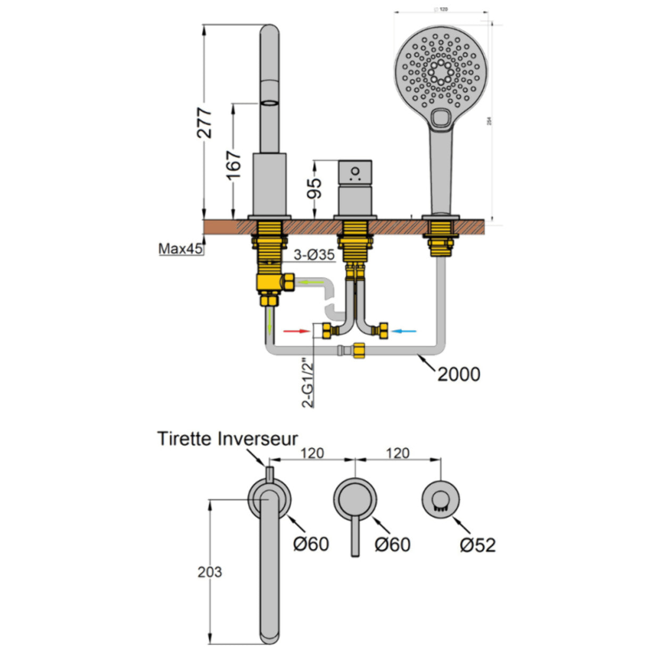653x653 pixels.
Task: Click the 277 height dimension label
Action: tap(205, 123)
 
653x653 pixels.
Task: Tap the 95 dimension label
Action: tap(315, 187)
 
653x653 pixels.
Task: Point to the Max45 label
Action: tap(180, 249)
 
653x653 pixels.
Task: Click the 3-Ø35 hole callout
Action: tap(315, 255)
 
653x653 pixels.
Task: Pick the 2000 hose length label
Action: tap(459, 374)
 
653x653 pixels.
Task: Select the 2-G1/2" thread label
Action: tap(308, 383)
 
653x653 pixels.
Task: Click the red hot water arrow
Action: tap(296, 331)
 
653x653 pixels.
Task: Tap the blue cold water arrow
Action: tap(404, 331)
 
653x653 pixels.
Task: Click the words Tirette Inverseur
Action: tap(227, 439)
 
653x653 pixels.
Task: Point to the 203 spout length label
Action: tap(210, 572)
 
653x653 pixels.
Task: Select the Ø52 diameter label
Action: tap(477, 545)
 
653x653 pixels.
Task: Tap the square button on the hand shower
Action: tap(441, 118)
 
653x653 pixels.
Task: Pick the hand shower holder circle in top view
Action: tap(441, 500)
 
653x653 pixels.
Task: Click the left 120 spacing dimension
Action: tap(312, 453)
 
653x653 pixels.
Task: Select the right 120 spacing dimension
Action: tap(398, 453)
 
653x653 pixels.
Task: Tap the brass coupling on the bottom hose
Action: tap(358, 351)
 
